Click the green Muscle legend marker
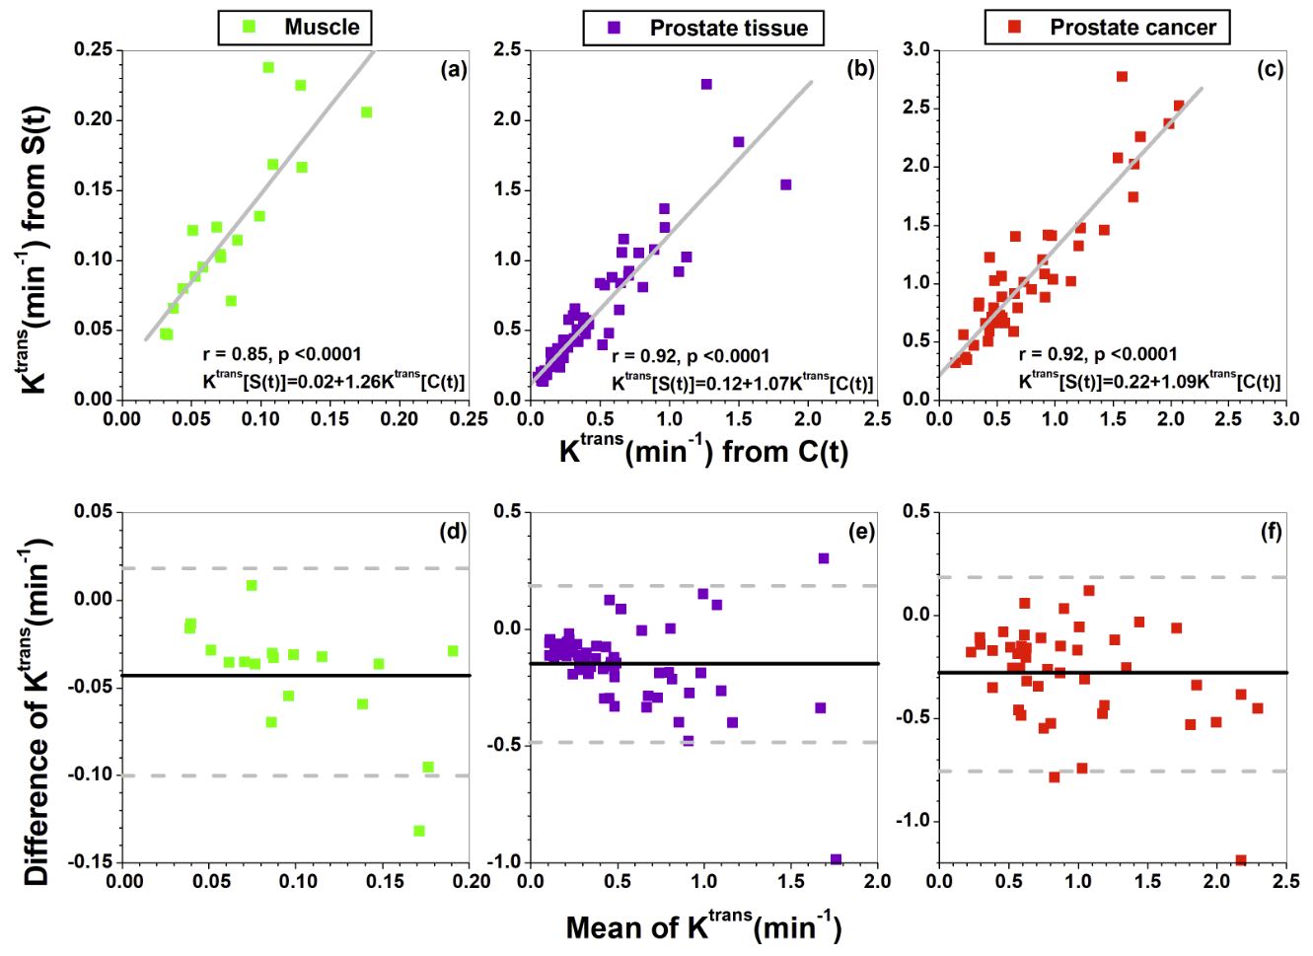click(249, 27)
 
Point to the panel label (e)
click(862, 533)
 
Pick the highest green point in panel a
click(268, 67)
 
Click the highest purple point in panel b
click(706, 84)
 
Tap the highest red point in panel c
click(1122, 76)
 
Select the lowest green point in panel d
click(419, 831)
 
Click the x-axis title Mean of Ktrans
click(703, 927)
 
